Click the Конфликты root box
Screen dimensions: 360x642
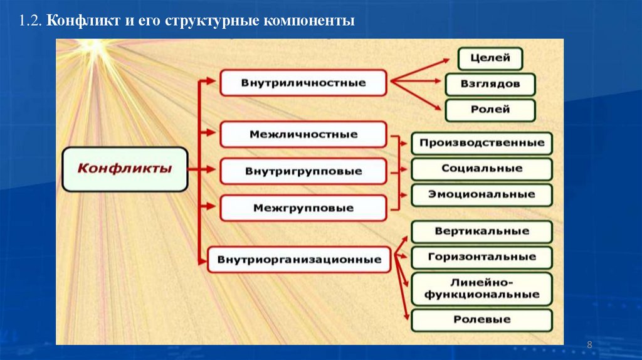point(124,169)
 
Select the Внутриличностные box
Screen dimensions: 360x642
point(303,83)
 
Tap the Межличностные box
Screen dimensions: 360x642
point(303,134)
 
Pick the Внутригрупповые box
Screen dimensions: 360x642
point(303,171)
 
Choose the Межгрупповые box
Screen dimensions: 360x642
point(303,208)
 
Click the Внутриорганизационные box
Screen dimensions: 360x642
point(299,259)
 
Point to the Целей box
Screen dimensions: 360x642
point(490,59)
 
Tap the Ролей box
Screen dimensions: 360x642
point(490,110)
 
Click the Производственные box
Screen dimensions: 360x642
point(481,143)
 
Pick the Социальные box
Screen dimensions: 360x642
point(481,169)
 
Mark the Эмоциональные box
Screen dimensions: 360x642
point(481,194)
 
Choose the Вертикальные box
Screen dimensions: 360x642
point(481,231)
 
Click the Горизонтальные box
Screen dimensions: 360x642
point(481,257)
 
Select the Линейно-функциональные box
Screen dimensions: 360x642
point(481,289)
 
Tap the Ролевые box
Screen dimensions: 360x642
point(481,320)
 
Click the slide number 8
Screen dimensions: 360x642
point(589,346)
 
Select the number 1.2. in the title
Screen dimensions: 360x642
point(30,21)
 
